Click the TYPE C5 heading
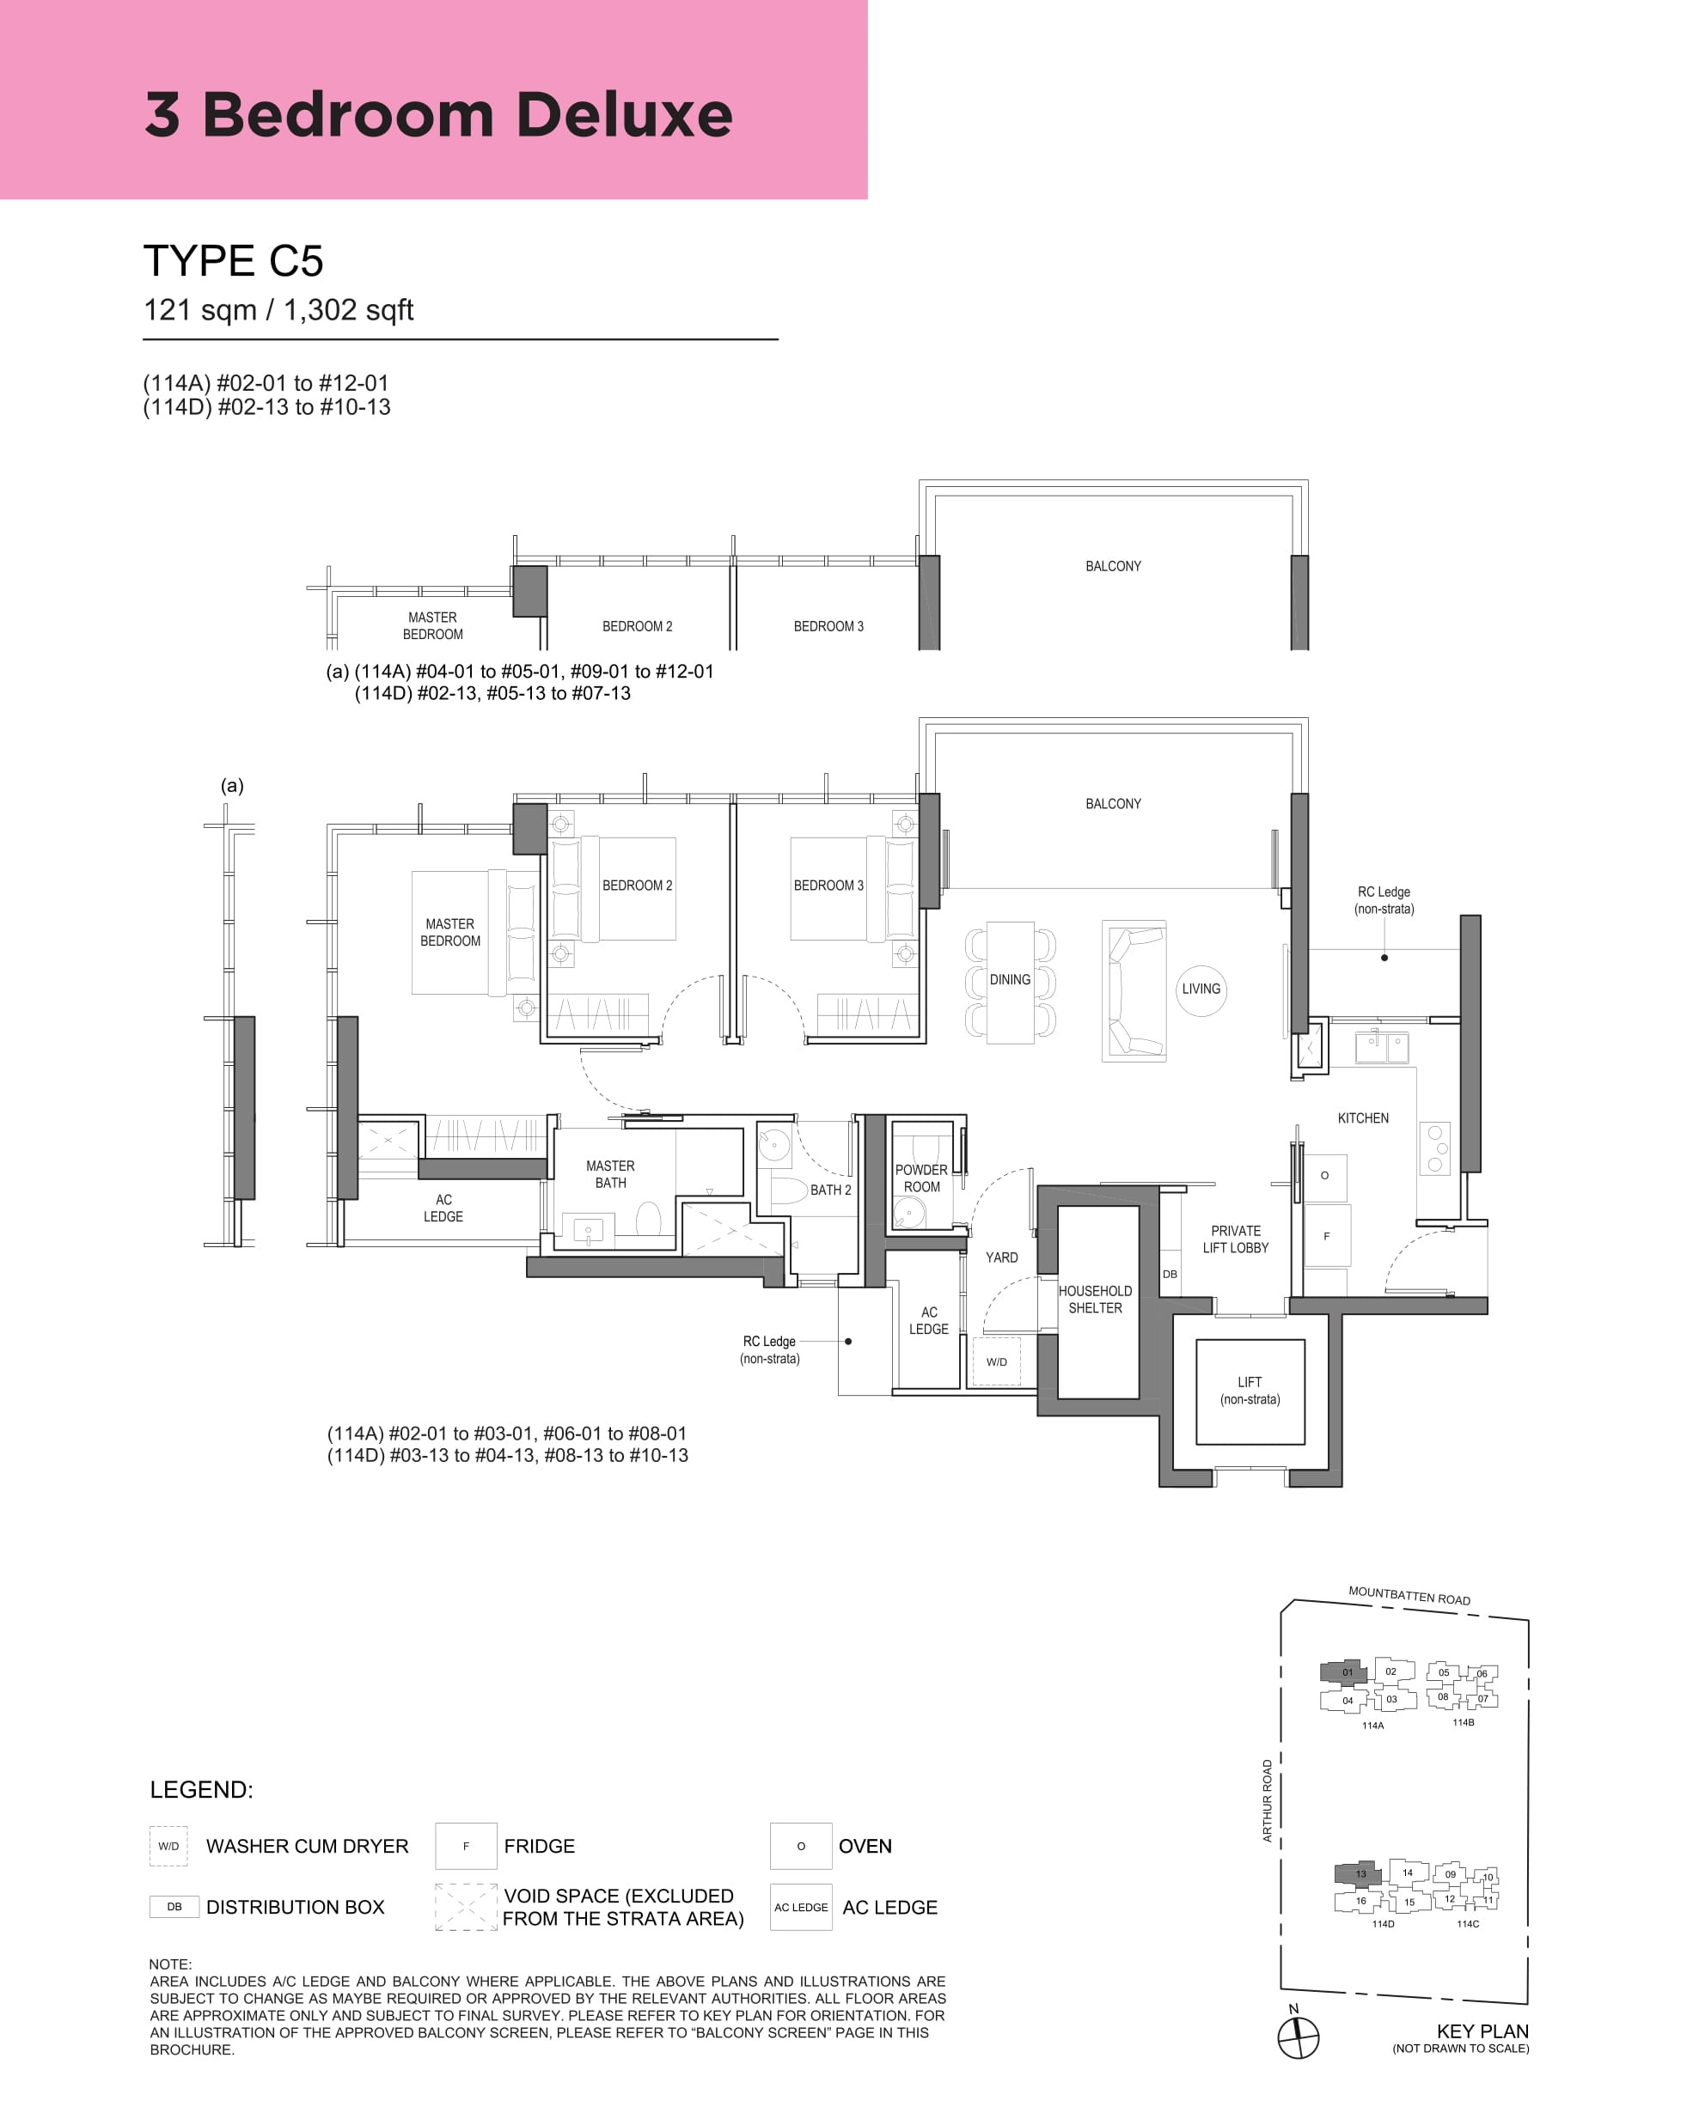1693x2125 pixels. [x=233, y=261]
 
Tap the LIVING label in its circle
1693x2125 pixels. [x=1201, y=989]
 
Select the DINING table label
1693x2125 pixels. [x=1010, y=980]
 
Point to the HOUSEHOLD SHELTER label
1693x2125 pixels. [x=1096, y=1299]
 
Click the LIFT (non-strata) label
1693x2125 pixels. [x=1250, y=1391]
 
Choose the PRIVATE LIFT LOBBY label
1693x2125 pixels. [x=1236, y=1239]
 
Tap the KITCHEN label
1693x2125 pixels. [x=1363, y=1117]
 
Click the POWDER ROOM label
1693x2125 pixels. [x=921, y=1178]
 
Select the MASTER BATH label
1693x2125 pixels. [x=610, y=1174]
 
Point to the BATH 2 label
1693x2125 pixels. [x=830, y=1190]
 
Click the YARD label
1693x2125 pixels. [x=1002, y=1257]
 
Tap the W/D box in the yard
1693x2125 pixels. [x=997, y=1362]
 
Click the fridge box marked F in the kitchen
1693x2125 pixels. [x=1326, y=1236]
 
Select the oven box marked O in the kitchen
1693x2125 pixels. [x=1325, y=1176]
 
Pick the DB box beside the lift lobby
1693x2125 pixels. [x=1170, y=1274]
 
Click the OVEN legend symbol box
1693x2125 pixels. [x=801, y=1846]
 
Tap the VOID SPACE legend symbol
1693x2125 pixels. [x=466, y=1907]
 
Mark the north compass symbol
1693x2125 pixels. [x=1298, y=2037]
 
